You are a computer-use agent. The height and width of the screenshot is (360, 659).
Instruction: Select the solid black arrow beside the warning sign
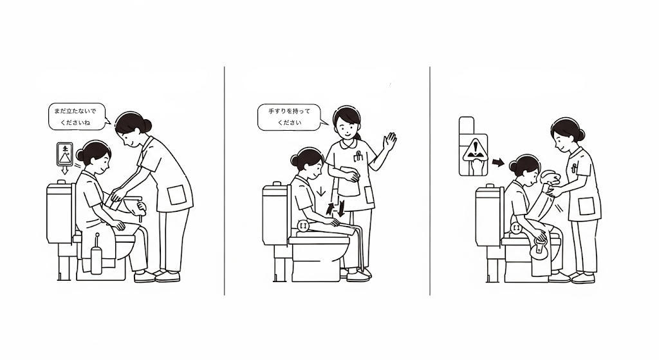pos(498,162)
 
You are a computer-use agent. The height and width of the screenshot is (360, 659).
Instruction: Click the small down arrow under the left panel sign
pos(65,170)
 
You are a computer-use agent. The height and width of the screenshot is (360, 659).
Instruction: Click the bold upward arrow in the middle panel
pos(331,209)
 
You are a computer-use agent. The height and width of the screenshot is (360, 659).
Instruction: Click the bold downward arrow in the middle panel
pos(342,209)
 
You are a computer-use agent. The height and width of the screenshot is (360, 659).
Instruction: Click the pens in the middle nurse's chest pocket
pos(358,156)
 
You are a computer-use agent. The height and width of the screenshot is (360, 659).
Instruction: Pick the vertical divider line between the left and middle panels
pos(225,181)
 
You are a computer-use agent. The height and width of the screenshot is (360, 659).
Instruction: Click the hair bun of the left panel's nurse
pos(147,125)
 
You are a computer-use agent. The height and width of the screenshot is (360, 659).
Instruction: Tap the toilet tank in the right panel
pos(487,216)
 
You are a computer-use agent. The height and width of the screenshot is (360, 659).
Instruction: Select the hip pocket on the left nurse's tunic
pos(176,195)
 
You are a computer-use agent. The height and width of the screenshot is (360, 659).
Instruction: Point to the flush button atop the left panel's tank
pos(61,182)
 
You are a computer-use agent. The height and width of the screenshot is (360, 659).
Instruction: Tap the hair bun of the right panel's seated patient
pos(513,167)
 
